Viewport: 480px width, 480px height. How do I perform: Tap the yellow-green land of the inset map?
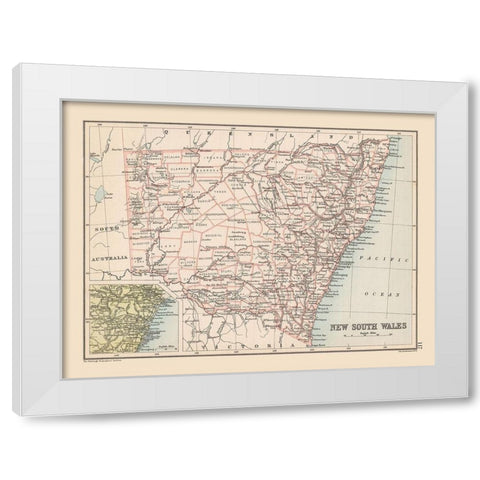coord(105,315)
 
